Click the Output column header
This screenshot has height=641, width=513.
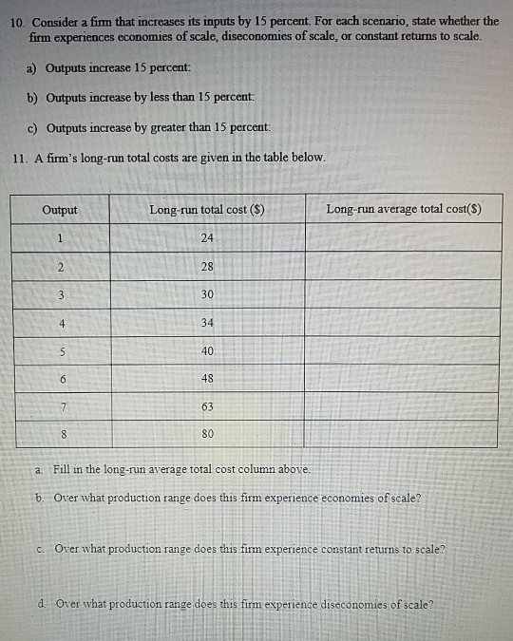[60, 209]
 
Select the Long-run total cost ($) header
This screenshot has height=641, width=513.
[206, 209]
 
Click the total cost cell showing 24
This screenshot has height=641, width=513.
[207, 237]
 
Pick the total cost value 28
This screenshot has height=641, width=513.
[207, 266]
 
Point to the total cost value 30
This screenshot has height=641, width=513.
[207, 294]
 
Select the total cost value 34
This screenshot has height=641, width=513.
[207, 323]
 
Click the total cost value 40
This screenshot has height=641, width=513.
[207, 351]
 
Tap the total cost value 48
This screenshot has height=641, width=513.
[207, 379]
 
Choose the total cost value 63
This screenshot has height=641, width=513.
[207, 407]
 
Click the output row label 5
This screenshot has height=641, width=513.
[60, 351]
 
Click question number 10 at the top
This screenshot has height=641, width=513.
[19, 21]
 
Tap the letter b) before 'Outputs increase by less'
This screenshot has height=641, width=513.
[32, 99]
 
